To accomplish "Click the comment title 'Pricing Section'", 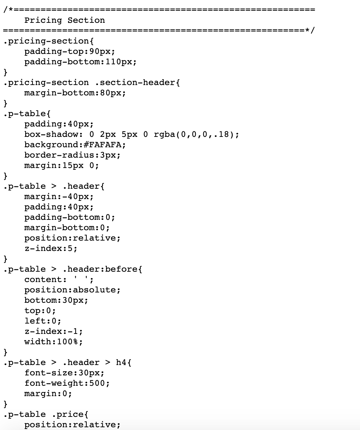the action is pyautogui.click(x=65, y=20).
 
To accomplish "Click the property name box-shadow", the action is pyautogui.click(x=51, y=134).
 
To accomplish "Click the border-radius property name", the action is pyautogui.click(x=59, y=155).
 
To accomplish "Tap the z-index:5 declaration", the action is pyautogui.click(x=51, y=249).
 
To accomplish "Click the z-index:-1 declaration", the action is pyautogui.click(x=54, y=331).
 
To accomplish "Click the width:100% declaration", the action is pyautogui.click(x=54, y=342).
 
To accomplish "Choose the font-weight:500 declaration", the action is pyautogui.click(x=67, y=383).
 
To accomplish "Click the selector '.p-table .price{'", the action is pyautogui.click(x=46, y=414).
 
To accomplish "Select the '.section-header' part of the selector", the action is pyautogui.click(x=135, y=83).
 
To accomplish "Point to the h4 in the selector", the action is pyautogui.click(x=121, y=363).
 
